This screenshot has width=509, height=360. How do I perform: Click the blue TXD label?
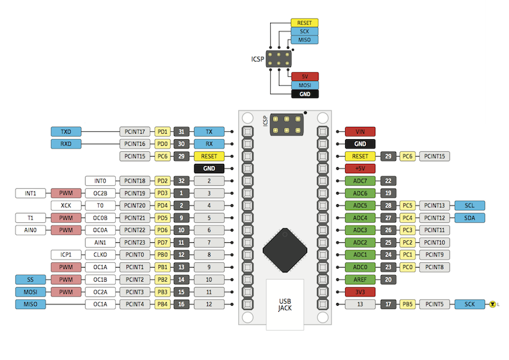click(66, 131)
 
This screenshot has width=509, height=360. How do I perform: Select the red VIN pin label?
click(360, 131)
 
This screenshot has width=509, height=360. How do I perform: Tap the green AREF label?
click(360, 280)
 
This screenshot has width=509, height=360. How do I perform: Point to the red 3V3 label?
click(360, 292)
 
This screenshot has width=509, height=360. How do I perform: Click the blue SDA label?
click(470, 218)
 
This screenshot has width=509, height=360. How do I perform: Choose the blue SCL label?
click(470, 205)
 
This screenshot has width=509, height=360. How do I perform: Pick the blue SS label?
click(31, 280)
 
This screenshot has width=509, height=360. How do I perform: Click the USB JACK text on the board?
click(285, 304)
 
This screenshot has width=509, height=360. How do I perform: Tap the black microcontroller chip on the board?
click(285, 250)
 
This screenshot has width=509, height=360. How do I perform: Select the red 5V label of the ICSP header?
click(305, 76)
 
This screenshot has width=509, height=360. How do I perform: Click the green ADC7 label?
click(360, 181)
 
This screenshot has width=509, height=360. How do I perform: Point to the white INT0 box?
click(100, 181)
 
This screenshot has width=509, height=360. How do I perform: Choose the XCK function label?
click(66, 205)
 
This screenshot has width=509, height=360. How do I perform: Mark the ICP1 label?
click(66, 255)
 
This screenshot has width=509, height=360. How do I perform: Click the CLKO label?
click(100, 255)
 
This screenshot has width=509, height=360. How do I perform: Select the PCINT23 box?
click(134, 242)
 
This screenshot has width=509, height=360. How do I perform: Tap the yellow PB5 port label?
click(407, 304)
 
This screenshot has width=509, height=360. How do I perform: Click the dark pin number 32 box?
click(181, 181)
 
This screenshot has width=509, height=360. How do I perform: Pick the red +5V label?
click(360, 169)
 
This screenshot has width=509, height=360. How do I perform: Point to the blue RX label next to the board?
click(209, 144)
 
